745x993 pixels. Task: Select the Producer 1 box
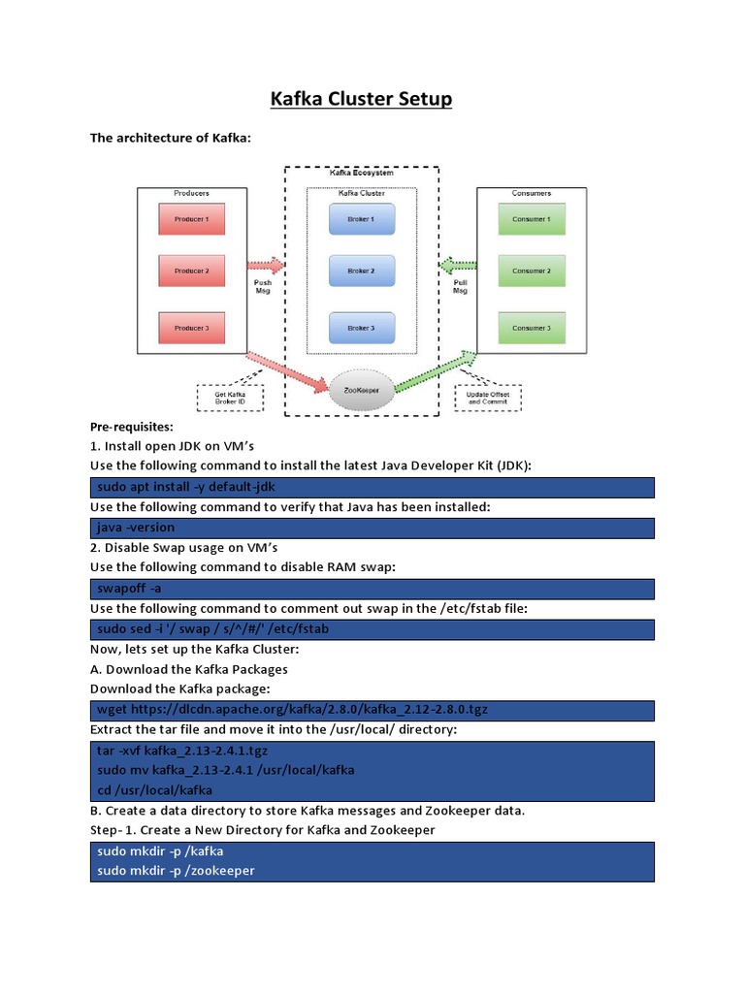tap(191, 219)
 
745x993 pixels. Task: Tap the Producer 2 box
tap(191, 271)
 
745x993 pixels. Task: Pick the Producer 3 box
tap(191, 328)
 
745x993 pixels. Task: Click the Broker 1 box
tap(361, 219)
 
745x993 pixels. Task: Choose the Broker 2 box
tap(361, 271)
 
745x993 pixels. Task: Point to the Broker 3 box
tap(361, 328)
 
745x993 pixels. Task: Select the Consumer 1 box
tap(531, 219)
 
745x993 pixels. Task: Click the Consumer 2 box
tap(531, 271)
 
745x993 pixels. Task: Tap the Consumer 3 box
tap(531, 328)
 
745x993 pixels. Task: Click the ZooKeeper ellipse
tap(360, 390)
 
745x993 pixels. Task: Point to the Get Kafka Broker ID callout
tap(230, 398)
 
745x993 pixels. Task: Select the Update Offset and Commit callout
tap(488, 398)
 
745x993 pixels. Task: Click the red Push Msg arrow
tap(266, 265)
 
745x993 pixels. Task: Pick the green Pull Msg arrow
tap(458, 265)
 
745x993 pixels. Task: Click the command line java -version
tap(137, 528)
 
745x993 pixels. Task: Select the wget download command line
tap(292, 709)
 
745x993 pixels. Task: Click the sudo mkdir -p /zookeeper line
tap(176, 871)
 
